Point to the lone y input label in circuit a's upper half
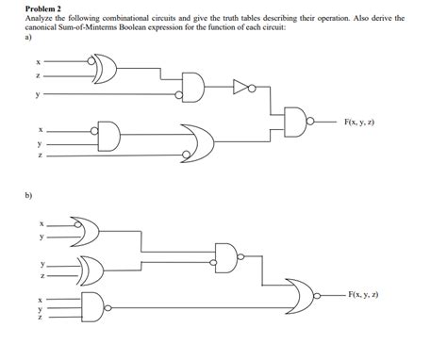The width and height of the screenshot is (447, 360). pyautogui.click(x=39, y=94)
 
